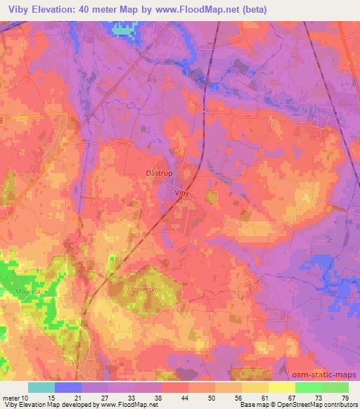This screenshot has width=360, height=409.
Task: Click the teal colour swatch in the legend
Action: (41, 387)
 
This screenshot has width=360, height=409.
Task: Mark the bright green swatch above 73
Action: (309, 387)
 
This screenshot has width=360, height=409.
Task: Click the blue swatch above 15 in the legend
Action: (67, 387)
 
